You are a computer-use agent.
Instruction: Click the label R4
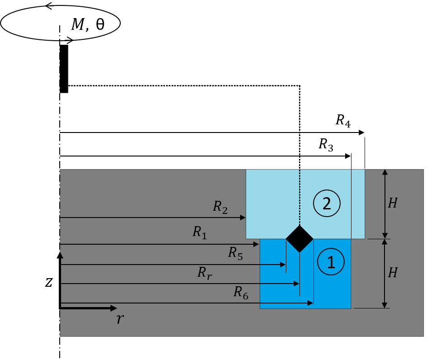(343, 121)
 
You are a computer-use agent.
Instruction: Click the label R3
(326, 145)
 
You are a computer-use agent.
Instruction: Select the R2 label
(220, 207)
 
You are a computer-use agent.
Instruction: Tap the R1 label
(199, 232)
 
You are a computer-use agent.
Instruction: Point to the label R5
(235, 253)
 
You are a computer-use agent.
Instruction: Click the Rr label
(204, 273)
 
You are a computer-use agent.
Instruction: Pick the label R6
(241, 293)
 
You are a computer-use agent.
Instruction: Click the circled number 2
(327, 204)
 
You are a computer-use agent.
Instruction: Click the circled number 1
(331, 262)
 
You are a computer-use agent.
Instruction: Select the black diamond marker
(299, 239)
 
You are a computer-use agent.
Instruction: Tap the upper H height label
(393, 204)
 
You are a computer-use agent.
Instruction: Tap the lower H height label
(393, 273)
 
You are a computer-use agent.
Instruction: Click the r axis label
(119, 319)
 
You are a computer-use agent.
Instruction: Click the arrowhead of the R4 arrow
(362, 133)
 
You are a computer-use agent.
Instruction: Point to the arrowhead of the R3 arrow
(348, 156)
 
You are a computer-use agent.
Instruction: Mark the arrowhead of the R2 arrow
(243, 218)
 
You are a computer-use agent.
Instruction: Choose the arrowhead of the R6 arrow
(311, 303)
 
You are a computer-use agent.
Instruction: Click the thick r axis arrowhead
(114, 308)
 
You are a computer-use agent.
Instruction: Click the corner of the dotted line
(299, 85)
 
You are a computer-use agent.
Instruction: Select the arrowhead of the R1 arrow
(256, 244)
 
